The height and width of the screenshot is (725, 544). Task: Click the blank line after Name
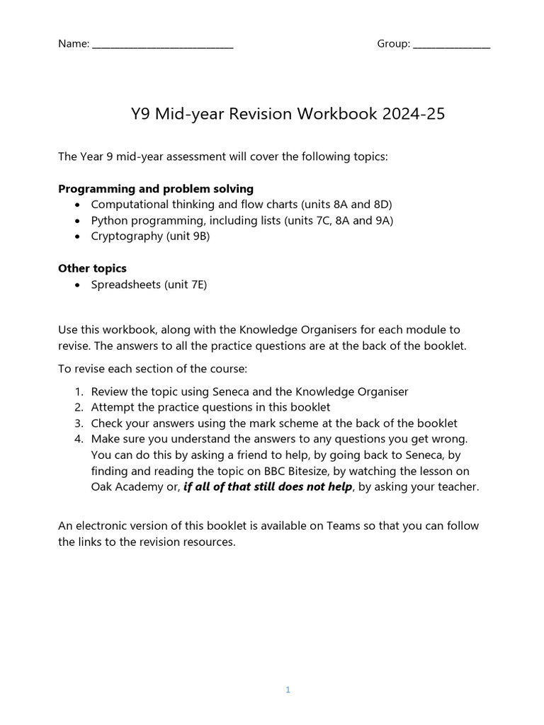(x=163, y=47)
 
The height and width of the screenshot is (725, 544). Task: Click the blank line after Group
(x=451, y=47)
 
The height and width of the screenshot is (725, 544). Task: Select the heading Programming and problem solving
(x=156, y=189)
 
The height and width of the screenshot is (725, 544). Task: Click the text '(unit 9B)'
(x=188, y=236)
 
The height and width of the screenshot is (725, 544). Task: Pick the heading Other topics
(x=92, y=269)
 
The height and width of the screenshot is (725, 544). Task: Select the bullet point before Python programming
(x=77, y=221)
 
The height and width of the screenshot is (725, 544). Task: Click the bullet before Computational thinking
(x=77, y=205)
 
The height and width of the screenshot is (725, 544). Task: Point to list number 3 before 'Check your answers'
(x=78, y=423)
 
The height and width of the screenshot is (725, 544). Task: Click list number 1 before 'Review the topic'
(x=78, y=392)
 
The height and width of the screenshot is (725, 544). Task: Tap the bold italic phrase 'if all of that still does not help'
(x=268, y=487)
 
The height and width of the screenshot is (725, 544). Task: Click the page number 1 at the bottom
(x=288, y=690)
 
